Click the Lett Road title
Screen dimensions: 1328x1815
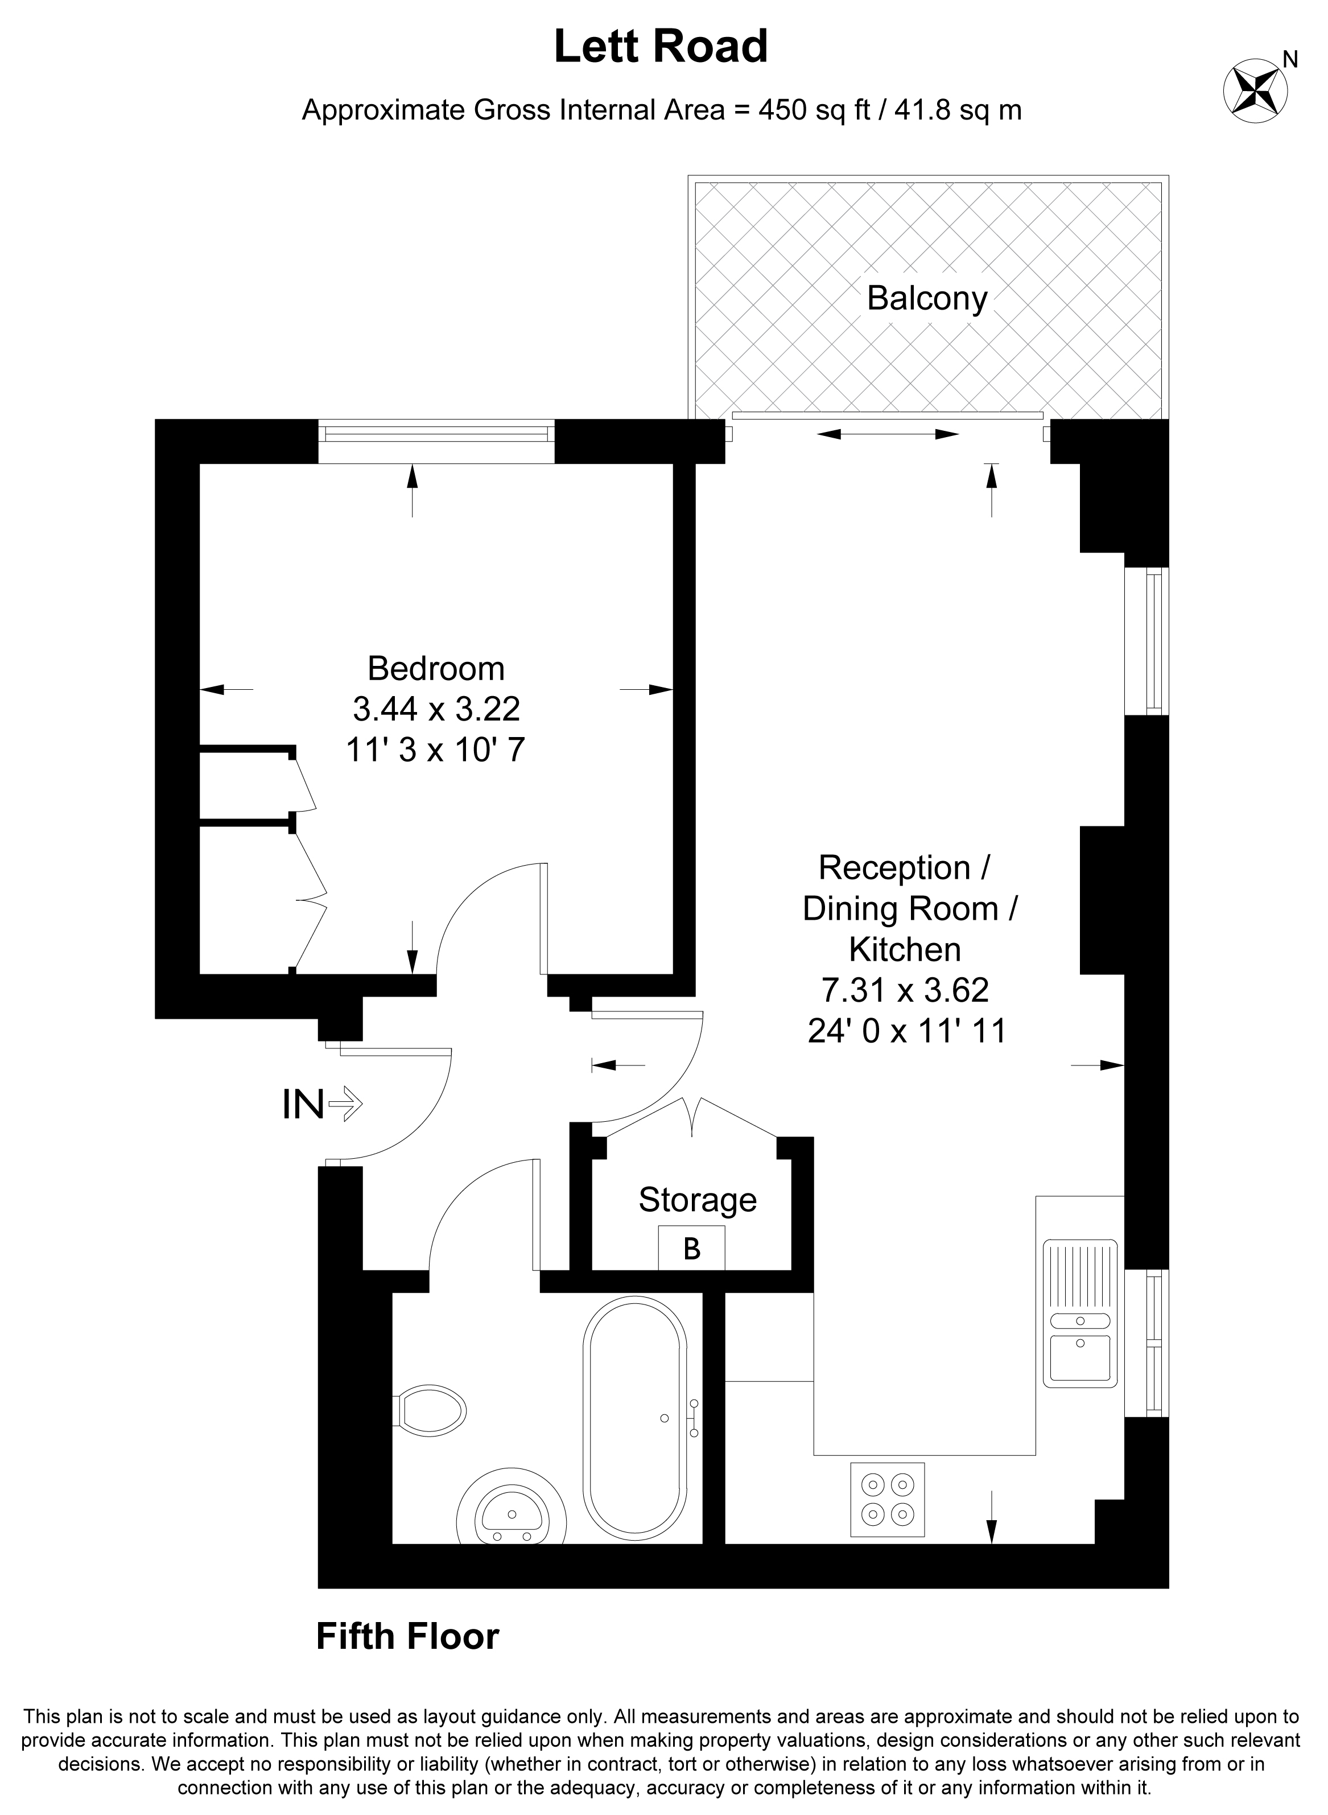coord(661,47)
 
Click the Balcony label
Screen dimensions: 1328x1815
coord(927,299)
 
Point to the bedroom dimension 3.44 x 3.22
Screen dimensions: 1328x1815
coord(436,709)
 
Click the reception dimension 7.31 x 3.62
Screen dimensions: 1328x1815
coord(905,990)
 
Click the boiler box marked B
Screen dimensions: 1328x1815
coord(691,1247)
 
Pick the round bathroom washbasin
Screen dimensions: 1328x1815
coord(512,1517)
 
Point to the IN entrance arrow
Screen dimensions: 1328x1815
coord(344,1104)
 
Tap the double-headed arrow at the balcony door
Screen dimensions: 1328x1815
coord(888,434)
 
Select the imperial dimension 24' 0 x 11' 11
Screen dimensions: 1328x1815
coord(907,1031)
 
